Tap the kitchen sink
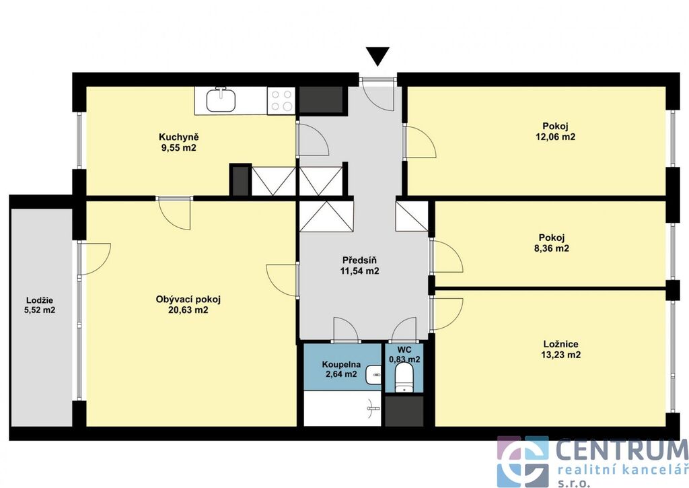tap(221, 100)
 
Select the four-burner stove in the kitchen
tap(281, 100)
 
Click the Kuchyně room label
tap(179, 137)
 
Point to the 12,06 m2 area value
tap(555, 137)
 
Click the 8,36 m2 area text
tap(552, 248)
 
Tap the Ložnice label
tap(560, 344)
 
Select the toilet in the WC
tap(404, 378)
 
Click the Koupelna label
tap(341, 364)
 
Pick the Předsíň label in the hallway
tap(359, 260)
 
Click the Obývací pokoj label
tap(188, 300)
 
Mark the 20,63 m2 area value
tap(188, 310)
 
